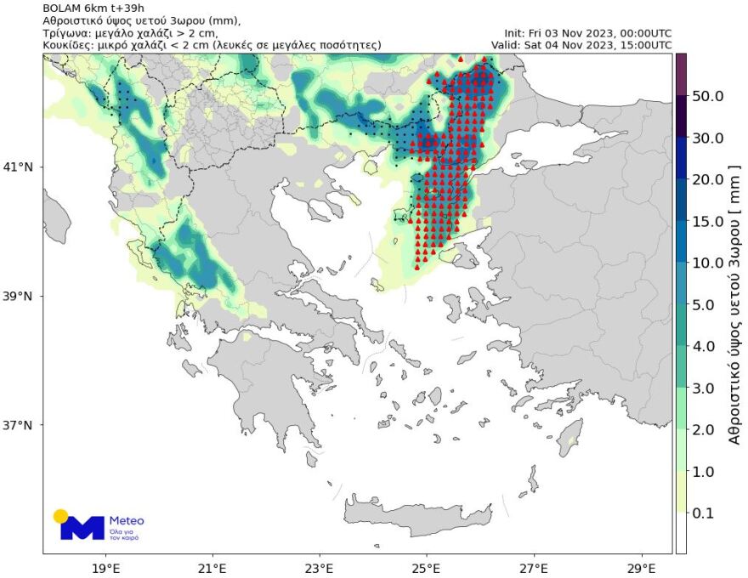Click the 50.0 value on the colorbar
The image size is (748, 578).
tap(707, 96)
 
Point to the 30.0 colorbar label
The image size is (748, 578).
tap(707, 138)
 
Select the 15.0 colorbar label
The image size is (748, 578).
tap(707, 221)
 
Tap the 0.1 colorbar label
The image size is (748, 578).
tap(707, 513)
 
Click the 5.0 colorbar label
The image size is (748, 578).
tap(707, 304)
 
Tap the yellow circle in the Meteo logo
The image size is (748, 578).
tap(60, 516)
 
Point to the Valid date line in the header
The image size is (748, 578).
tap(581, 44)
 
